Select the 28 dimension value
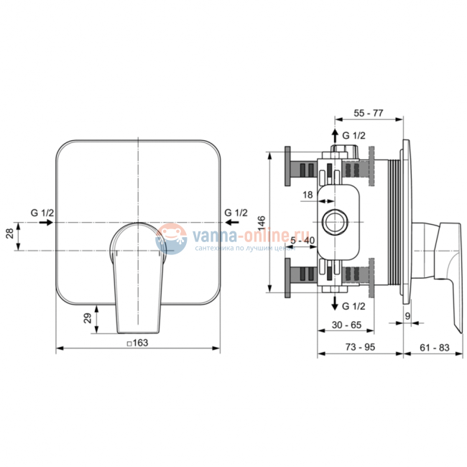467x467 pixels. pyautogui.click(x=10, y=233)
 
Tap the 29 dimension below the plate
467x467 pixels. pyautogui.click(x=88, y=318)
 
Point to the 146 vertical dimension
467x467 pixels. pyautogui.click(x=262, y=223)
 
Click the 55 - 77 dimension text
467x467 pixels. pyautogui.click(x=368, y=114)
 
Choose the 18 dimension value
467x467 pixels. pyautogui.click(x=308, y=195)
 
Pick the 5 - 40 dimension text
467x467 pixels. pyautogui.click(x=302, y=241)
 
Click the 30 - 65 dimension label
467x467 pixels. pyautogui.click(x=346, y=325)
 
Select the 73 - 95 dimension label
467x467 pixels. pyautogui.click(x=360, y=347)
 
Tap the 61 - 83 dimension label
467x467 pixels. pyautogui.click(x=435, y=347)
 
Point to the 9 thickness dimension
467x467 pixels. pyautogui.click(x=408, y=316)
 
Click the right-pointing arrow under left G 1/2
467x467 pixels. pyautogui.click(x=46, y=223)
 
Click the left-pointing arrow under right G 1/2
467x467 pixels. pyautogui.click(x=232, y=222)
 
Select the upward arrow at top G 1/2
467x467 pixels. pyautogui.click(x=335, y=136)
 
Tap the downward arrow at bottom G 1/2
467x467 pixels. pyautogui.click(x=335, y=303)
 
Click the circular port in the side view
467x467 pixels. pyautogui.click(x=335, y=222)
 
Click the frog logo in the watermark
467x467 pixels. pyautogui.click(x=171, y=239)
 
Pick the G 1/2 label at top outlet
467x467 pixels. pyautogui.click(x=353, y=136)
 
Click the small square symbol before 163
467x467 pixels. pyautogui.click(x=129, y=343)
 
